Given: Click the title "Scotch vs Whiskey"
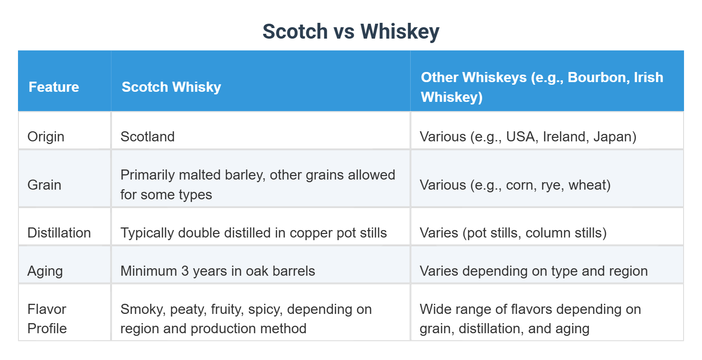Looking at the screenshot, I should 351,32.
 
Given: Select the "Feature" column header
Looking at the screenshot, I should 54,87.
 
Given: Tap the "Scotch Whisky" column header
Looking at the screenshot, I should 171,87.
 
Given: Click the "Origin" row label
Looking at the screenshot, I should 46,137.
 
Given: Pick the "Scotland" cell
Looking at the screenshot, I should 147,137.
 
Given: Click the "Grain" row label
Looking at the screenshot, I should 44,185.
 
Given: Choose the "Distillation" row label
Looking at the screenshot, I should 59,233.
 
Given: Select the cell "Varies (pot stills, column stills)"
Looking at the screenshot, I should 513,233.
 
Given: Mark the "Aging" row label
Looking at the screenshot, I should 45,271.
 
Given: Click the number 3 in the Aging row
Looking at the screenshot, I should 185,271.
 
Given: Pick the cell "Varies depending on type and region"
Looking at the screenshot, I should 534,271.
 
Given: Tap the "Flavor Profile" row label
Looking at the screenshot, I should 47,319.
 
